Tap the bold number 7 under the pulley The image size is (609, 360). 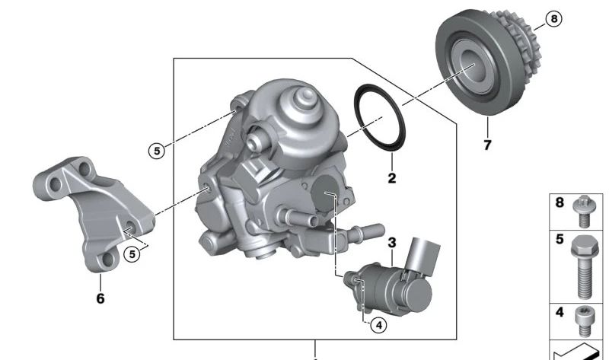487,144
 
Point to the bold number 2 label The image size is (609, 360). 391,179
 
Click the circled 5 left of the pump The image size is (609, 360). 156,151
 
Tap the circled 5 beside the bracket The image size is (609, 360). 132,253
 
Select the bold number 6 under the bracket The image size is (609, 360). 100,298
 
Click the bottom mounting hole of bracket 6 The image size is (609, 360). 107,260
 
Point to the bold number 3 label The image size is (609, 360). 392,244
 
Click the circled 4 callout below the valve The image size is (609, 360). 378,325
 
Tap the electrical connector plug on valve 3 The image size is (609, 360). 420,253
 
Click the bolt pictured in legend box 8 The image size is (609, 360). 585,213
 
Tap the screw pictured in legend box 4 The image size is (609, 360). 585,320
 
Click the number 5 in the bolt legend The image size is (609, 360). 560,241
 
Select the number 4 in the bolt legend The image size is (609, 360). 560,312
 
